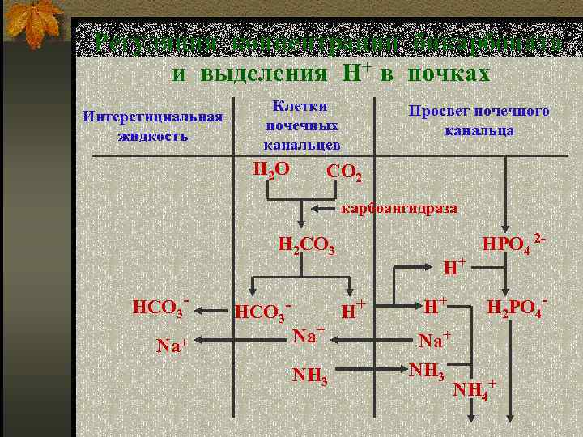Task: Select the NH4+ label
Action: [x=474, y=389]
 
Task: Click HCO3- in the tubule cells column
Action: [x=262, y=311]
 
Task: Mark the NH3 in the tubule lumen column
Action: [x=427, y=370]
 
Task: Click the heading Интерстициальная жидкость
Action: [x=153, y=125]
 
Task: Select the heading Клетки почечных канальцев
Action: [x=301, y=125]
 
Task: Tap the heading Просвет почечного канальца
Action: [x=479, y=120]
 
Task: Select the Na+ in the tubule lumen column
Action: [x=434, y=339]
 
